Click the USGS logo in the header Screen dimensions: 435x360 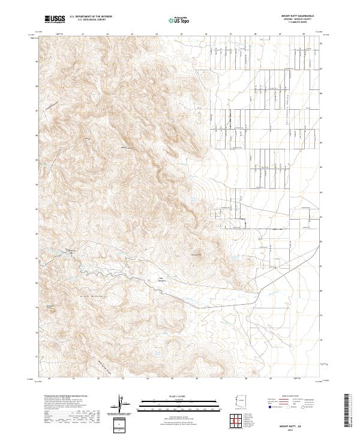(x=55, y=19)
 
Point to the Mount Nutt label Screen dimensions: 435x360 (x=127, y=148)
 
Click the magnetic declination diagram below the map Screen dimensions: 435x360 (x=120, y=406)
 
